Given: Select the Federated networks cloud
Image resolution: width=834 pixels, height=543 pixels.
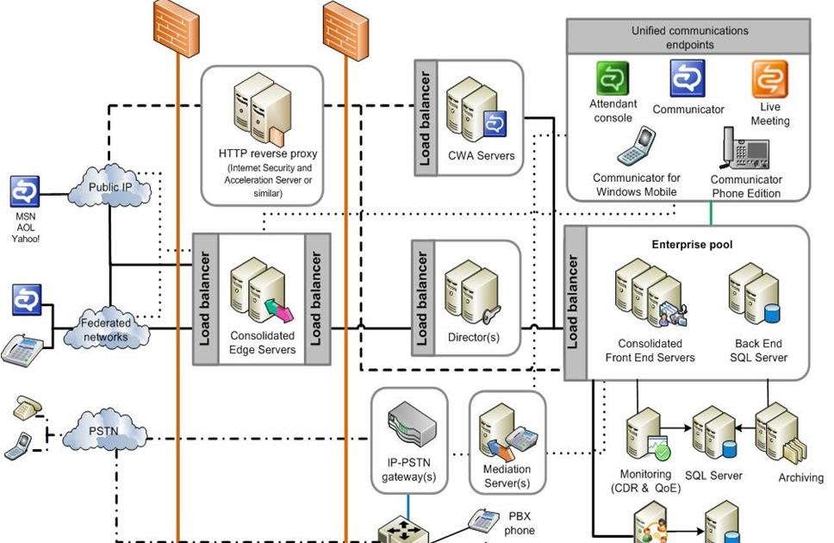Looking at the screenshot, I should (x=106, y=329).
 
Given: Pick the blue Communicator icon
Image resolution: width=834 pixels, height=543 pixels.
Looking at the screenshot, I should (x=688, y=78).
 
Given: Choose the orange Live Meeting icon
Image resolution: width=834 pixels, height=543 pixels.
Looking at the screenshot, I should (x=769, y=79).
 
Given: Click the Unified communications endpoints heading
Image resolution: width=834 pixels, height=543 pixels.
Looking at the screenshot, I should (x=688, y=37).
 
